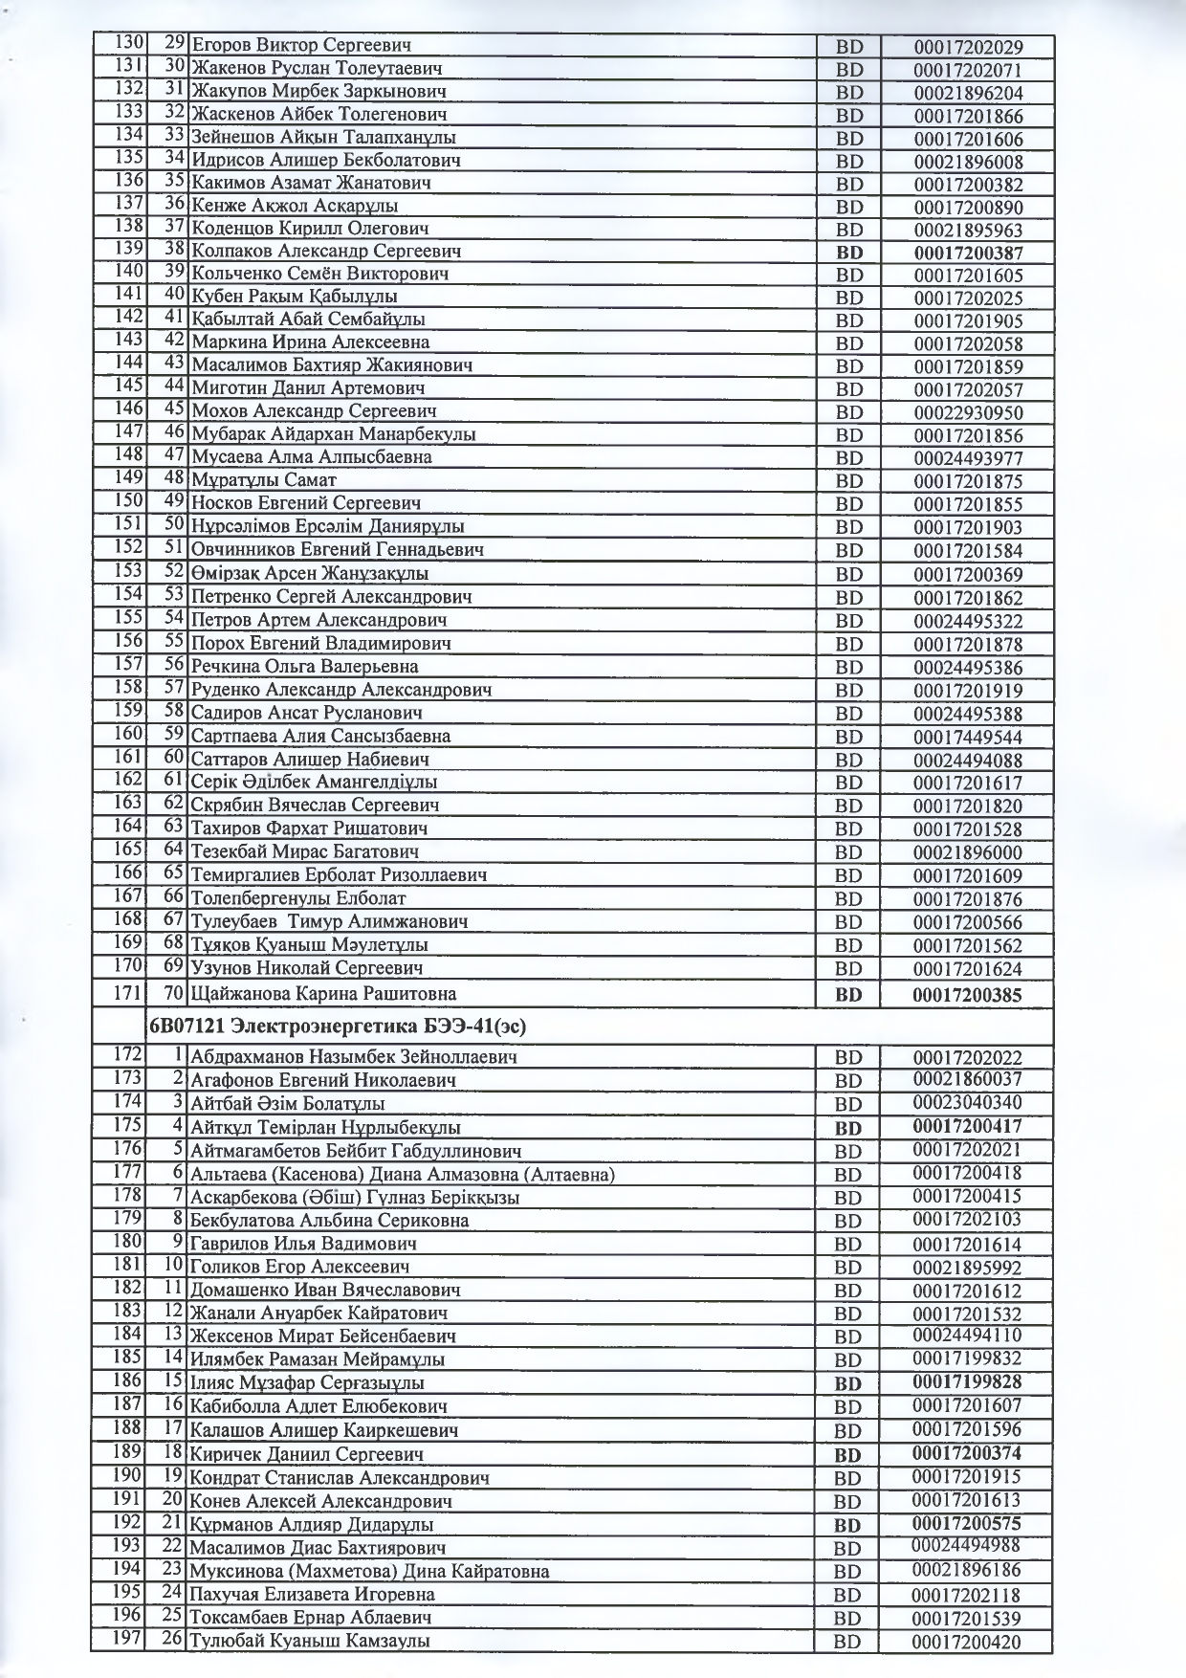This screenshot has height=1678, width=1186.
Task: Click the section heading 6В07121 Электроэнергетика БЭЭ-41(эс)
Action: pos(337,1027)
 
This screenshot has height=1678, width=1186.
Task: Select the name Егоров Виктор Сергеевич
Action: pos(301,45)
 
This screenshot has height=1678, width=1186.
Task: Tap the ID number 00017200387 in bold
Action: pos(968,254)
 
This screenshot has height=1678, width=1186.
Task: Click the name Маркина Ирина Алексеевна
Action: pos(310,342)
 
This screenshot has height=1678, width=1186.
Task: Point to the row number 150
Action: pos(129,500)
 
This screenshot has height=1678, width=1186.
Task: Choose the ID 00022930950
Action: pos(968,413)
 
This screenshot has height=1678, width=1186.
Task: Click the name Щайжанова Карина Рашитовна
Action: pos(323,994)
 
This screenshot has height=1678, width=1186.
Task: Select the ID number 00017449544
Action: pos(968,738)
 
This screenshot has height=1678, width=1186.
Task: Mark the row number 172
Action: pos(129,1054)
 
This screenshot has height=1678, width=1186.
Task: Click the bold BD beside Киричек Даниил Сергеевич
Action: pos(848,1456)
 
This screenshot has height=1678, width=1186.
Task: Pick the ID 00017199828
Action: pos(967,1381)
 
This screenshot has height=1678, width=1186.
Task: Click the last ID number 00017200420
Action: pos(967,1643)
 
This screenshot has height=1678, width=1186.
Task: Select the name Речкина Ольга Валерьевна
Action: pos(304,667)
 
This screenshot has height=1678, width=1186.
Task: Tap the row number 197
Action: pos(129,1638)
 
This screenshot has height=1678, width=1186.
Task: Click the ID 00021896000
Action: pos(968,853)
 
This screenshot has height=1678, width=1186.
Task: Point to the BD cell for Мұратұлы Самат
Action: pos(849,482)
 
